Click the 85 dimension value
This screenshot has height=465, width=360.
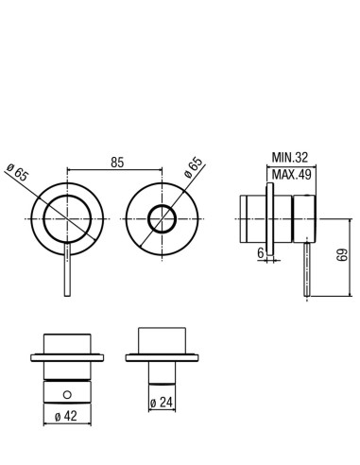point(117,163)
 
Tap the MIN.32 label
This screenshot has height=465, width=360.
point(290,157)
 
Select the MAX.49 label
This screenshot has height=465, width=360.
point(291,174)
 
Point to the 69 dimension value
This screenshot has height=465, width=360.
point(341,255)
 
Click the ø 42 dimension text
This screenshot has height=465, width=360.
point(65,416)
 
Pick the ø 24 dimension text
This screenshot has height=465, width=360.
point(162,402)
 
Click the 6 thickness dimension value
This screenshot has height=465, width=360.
point(261,253)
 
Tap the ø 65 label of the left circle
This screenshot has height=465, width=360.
point(18,172)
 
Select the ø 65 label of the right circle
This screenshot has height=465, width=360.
point(193,167)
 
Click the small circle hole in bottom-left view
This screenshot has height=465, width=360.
point(67,394)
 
